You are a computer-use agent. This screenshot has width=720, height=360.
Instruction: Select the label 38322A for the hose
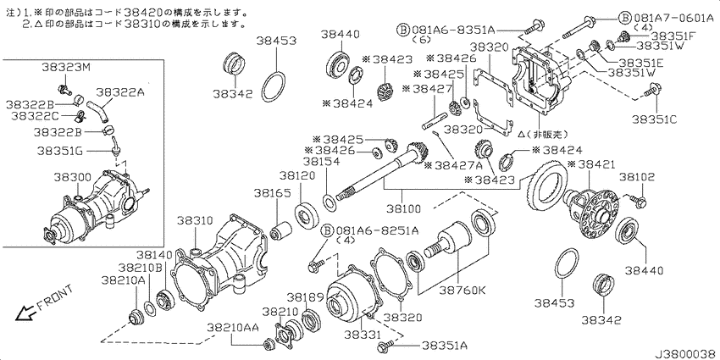119,92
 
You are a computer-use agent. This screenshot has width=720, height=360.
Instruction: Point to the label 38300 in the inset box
72,178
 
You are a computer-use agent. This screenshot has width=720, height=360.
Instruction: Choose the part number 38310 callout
195,220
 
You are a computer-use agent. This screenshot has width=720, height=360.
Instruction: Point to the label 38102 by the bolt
636,178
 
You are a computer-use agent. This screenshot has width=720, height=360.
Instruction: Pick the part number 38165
271,194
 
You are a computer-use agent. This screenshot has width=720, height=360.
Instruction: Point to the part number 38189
305,297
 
